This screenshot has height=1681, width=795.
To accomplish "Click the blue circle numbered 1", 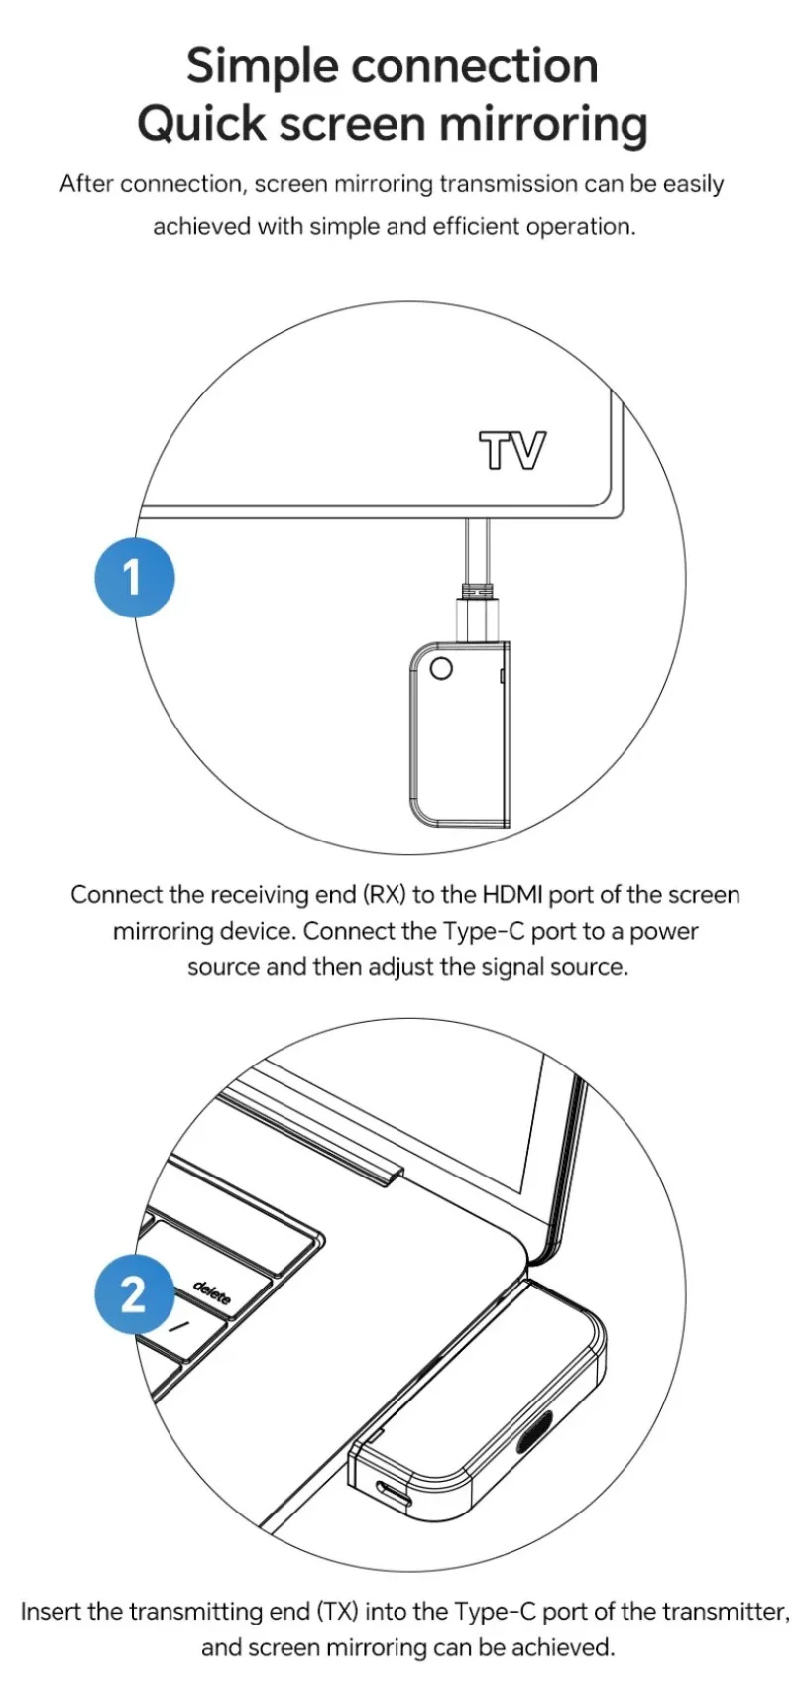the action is click(135, 577).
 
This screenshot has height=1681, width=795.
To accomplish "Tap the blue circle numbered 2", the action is click(135, 1293).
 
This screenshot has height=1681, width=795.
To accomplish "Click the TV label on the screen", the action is click(512, 450).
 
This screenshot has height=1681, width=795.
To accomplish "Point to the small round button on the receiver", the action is click(441, 668).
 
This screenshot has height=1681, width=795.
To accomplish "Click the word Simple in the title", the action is click(262, 66).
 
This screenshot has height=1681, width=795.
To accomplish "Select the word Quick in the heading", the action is click(201, 123).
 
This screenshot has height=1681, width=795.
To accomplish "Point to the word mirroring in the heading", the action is click(543, 125).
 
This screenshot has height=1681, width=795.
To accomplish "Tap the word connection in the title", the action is click(475, 66).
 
